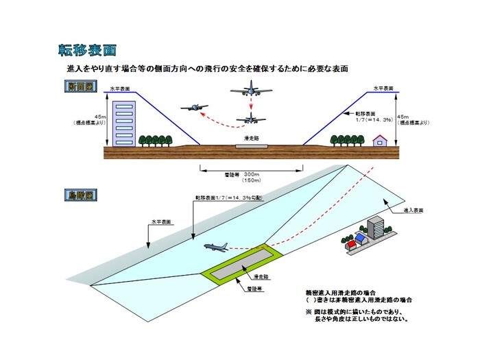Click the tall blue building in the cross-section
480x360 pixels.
(124, 123)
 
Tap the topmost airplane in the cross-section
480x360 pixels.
(251, 93)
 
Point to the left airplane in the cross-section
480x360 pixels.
(195, 108)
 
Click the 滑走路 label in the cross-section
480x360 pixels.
(251, 138)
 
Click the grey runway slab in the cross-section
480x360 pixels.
(251, 146)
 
